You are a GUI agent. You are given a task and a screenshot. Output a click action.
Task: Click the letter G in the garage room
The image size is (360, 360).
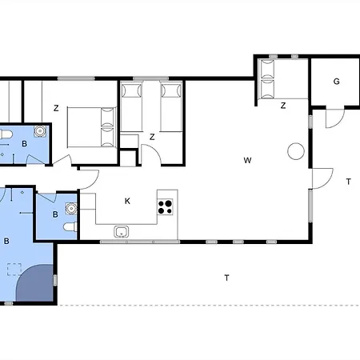coord(337,82)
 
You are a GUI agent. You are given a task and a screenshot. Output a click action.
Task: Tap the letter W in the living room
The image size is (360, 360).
coord(247,160)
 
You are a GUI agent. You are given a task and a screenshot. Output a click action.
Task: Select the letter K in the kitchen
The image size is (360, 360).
coord(127,201)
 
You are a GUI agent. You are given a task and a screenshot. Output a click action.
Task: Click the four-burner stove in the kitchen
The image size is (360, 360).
coord(165,207)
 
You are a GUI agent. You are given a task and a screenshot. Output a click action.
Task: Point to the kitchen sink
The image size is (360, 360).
coord(122,232)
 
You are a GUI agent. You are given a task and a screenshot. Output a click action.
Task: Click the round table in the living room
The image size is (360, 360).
coord(296,151)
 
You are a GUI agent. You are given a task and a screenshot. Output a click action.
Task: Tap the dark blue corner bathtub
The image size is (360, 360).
coord(34,283)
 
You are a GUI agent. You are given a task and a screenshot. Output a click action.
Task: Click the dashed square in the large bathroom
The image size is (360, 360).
coord(14,270)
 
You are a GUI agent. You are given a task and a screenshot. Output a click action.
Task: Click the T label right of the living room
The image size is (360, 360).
coord(348,182)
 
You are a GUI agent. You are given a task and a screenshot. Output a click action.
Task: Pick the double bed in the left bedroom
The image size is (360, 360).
coord(92,127)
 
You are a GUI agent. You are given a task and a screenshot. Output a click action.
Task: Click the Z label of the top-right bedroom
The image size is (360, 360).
coord(283,106)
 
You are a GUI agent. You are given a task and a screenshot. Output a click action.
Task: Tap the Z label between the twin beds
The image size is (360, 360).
coord(152,137)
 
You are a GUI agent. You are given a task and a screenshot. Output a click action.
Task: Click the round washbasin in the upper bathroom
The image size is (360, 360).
coord(40,131)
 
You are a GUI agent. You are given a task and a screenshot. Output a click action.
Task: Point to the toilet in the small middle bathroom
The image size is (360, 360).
coord(70,227)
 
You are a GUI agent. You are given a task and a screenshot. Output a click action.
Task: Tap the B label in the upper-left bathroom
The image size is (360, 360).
coord(24,144)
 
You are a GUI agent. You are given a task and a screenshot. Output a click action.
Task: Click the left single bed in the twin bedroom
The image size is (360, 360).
coord(131,107)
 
